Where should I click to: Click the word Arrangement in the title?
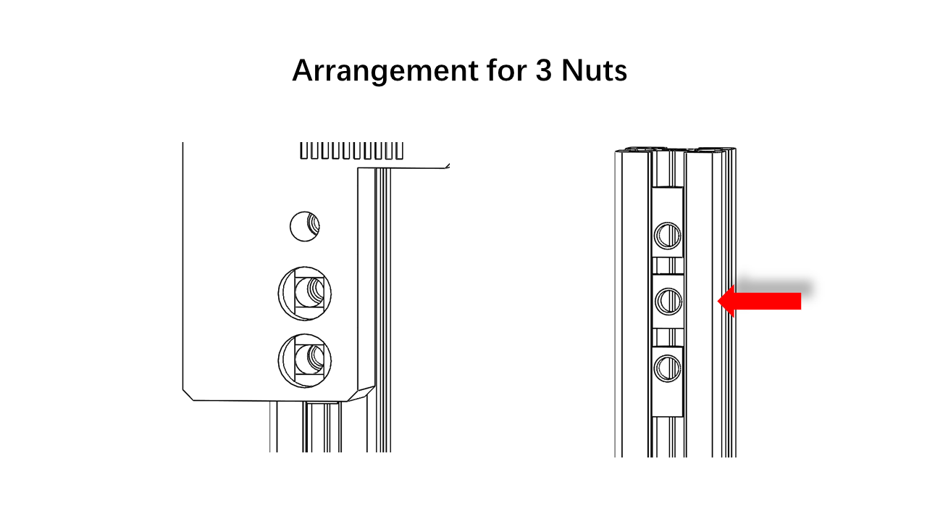pyautogui.click(x=385, y=71)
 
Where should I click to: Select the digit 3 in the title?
pyautogui.click(x=543, y=70)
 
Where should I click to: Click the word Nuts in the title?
pyautogui.click(x=595, y=70)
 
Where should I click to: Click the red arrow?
pyautogui.click(x=760, y=301)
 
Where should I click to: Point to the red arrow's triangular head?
pyautogui.click(x=726, y=301)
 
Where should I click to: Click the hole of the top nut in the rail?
pyautogui.click(x=668, y=236)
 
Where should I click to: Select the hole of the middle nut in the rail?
pyautogui.click(x=668, y=300)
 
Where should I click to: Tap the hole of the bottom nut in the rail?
pyautogui.click(x=668, y=368)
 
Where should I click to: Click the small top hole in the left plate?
pyautogui.click(x=305, y=226)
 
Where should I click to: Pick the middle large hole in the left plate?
pyautogui.click(x=305, y=294)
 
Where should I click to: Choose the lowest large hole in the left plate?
pyautogui.click(x=305, y=361)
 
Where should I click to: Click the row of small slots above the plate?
pyautogui.click(x=351, y=150)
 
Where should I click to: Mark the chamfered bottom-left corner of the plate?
pyautogui.click(x=188, y=395)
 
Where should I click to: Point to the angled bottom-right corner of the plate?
pyautogui.click(x=361, y=394)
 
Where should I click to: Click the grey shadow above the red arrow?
pyautogui.click(x=774, y=286)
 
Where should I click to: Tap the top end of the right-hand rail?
pyautogui.click(x=676, y=149)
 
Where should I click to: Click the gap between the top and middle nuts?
pyautogui.click(x=668, y=265)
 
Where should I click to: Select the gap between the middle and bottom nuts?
pyautogui.click(x=668, y=338)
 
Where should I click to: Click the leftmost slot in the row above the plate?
pyautogui.click(x=303, y=150)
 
